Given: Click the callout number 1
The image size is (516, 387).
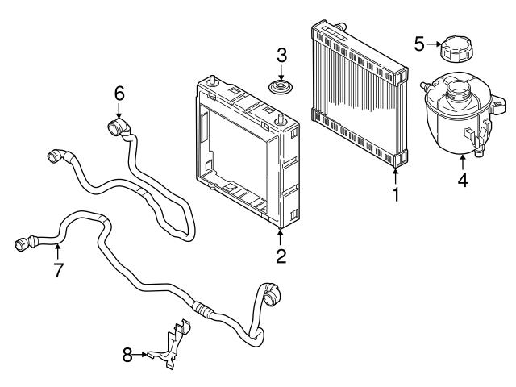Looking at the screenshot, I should click(x=396, y=193).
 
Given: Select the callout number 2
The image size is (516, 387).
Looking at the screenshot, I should click(x=281, y=256).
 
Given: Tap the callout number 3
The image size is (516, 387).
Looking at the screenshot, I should click(x=281, y=56).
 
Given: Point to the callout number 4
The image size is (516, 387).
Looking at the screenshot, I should click(x=463, y=181).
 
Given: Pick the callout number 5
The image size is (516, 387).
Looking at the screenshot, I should click(x=419, y=43).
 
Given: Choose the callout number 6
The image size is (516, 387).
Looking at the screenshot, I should click(x=119, y=94).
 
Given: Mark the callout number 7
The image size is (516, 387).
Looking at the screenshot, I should click(x=58, y=271).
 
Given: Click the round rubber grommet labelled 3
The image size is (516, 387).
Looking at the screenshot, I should click(x=281, y=87).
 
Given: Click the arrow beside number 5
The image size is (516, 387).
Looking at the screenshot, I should click(x=433, y=44).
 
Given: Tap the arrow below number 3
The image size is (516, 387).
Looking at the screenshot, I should click(x=281, y=73).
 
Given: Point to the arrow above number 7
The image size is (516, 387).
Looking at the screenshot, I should click(x=58, y=252).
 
